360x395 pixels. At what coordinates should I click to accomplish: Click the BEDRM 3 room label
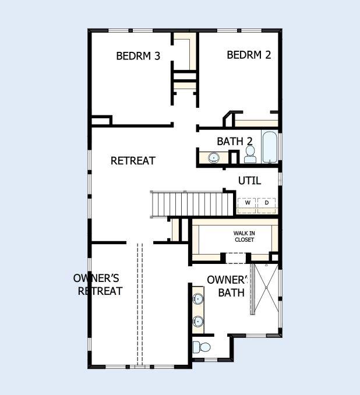click(138, 56)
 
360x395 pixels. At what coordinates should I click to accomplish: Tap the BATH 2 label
click(234, 141)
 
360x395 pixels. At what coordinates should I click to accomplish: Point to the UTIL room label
click(249, 181)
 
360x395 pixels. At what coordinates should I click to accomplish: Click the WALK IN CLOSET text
click(244, 236)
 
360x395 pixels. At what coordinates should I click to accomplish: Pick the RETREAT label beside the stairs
click(133, 160)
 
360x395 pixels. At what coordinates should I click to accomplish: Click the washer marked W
click(247, 203)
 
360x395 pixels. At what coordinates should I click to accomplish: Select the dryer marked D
click(267, 203)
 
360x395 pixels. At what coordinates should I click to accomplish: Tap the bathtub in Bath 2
click(270, 148)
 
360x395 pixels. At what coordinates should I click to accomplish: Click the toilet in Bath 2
click(250, 154)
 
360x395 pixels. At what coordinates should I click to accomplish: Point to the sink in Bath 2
click(214, 157)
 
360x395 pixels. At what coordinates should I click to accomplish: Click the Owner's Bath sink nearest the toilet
click(199, 320)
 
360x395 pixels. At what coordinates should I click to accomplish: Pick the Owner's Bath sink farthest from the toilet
click(199, 299)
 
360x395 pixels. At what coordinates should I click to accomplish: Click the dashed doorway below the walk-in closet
click(237, 258)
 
